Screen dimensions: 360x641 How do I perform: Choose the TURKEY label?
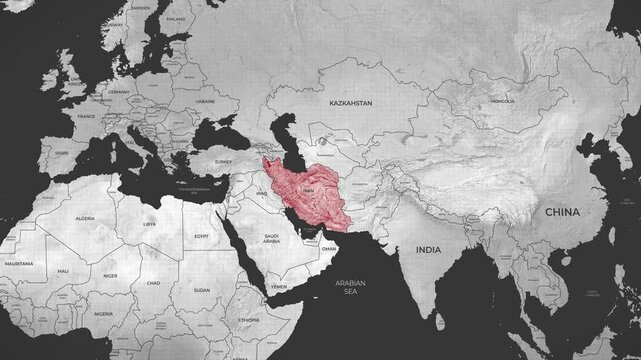(222, 162)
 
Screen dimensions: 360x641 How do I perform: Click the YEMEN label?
(279, 286)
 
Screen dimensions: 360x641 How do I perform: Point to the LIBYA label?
(150, 225)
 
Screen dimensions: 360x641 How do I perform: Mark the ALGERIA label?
(86, 217)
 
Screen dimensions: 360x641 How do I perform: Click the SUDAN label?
(201, 290)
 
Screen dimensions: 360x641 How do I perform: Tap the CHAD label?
(153, 283)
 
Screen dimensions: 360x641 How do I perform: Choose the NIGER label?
(111, 275)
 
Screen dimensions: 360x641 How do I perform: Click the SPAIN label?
(62, 153)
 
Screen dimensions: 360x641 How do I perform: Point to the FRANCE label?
(86, 116)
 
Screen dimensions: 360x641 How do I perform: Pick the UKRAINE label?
(206, 101)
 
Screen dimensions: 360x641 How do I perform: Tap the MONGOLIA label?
(503, 101)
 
